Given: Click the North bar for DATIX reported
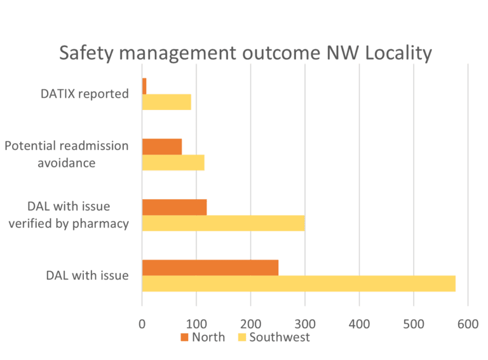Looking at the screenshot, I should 145,85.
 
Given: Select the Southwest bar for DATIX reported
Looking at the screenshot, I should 166,102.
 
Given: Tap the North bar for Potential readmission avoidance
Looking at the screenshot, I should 162,146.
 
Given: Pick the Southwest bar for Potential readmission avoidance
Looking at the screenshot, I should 173,163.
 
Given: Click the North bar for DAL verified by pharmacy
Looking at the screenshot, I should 174,207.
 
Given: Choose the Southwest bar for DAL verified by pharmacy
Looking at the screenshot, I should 223,223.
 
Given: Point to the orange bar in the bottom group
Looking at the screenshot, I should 210,268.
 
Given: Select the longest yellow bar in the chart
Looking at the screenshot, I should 299,284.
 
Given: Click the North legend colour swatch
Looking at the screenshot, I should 185,338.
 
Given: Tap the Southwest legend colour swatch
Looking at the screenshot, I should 241,338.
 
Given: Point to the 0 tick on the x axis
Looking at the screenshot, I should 142,323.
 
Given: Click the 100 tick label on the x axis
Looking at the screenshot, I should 196,323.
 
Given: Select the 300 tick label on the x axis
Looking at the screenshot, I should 305,323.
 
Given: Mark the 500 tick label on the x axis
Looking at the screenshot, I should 414,323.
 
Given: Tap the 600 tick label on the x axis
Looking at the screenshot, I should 468,323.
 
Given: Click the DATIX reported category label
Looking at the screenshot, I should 85,94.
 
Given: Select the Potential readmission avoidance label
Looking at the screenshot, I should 67,155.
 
